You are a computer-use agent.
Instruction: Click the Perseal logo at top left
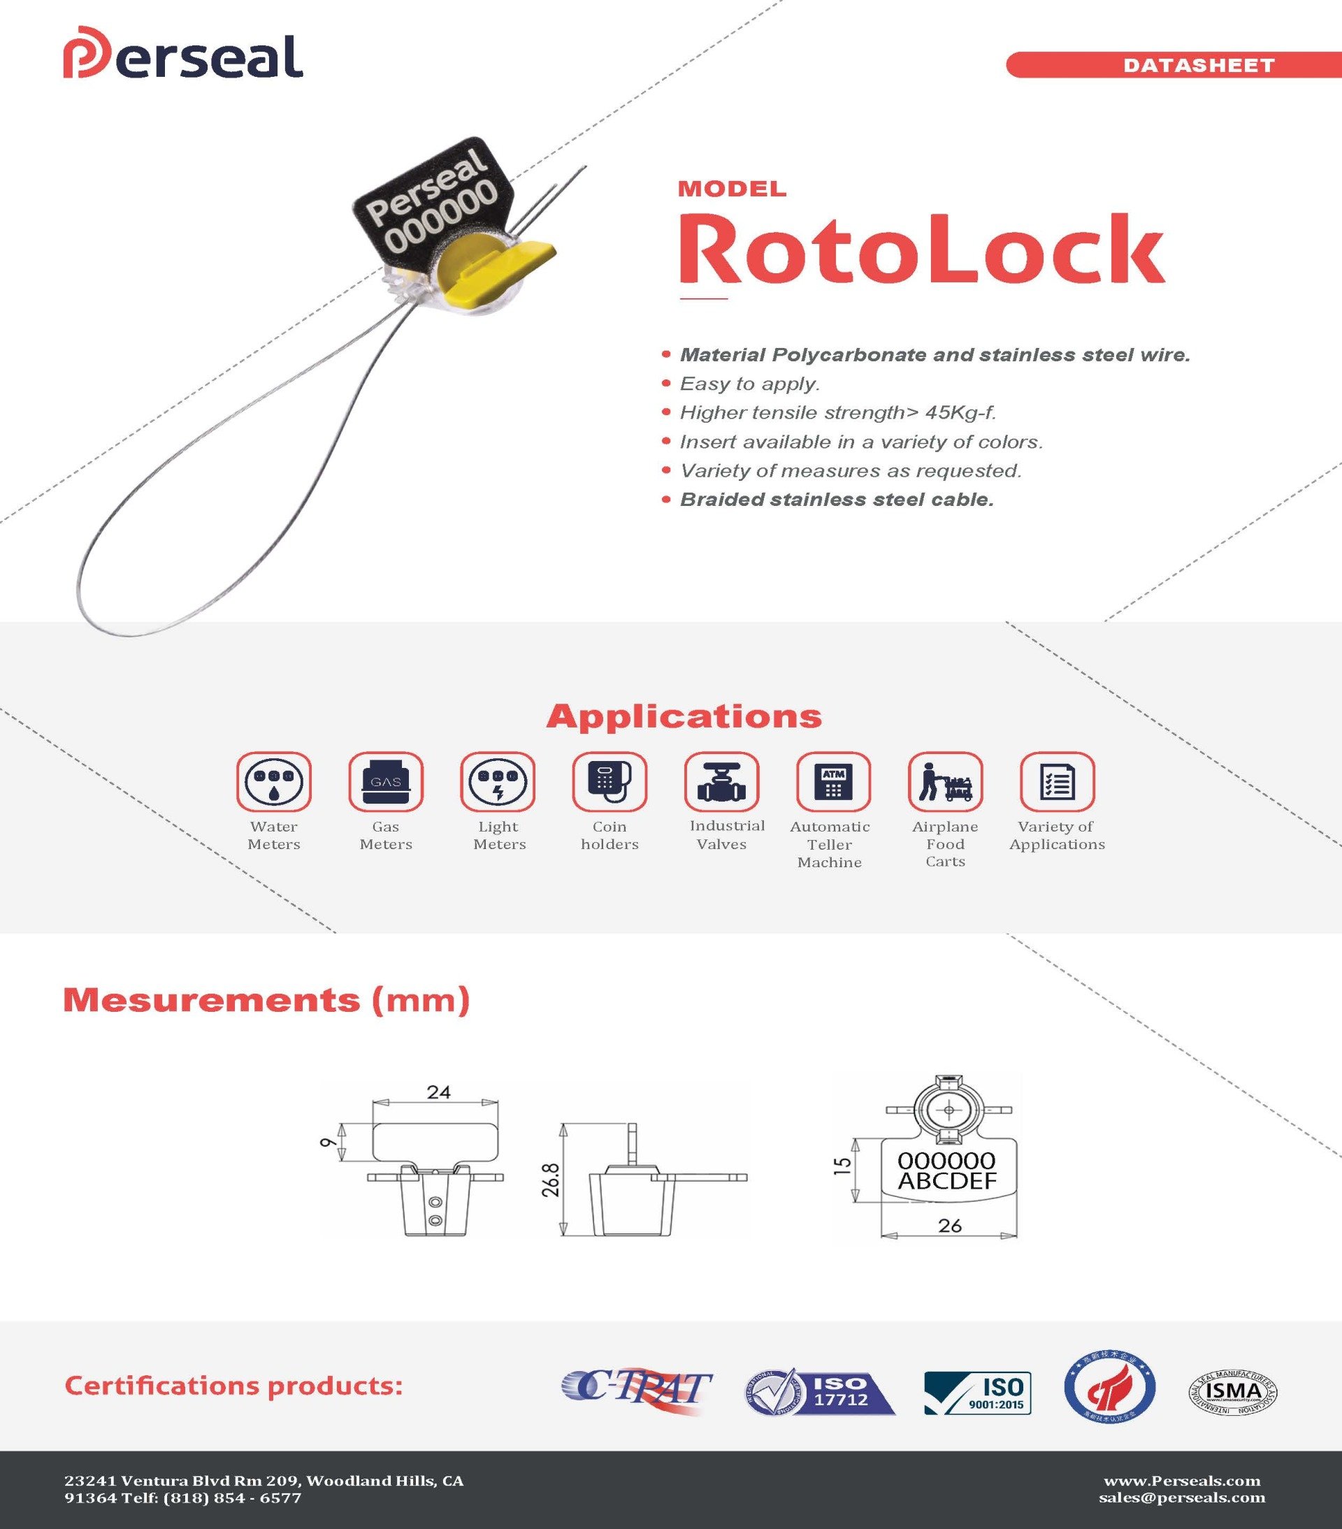(x=182, y=56)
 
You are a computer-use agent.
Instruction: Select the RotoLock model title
(x=920, y=248)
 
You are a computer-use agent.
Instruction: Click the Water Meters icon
(x=274, y=782)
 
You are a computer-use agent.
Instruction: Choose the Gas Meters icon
(x=386, y=782)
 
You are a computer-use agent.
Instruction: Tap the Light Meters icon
(x=498, y=782)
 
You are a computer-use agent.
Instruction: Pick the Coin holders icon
(x=609, y=782)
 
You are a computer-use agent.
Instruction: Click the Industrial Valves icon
(x=721, y=782)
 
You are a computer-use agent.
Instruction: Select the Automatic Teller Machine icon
(x=833, y=782)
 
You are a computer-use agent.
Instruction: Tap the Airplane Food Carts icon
(x=945, y=782)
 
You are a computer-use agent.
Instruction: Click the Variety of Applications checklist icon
(x=1057, y=782)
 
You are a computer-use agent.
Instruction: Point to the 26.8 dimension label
(x=551, y=1179)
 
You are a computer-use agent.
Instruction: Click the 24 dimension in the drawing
(x=438, y=1092)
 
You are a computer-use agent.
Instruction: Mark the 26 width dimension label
(x=949, y=1225)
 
